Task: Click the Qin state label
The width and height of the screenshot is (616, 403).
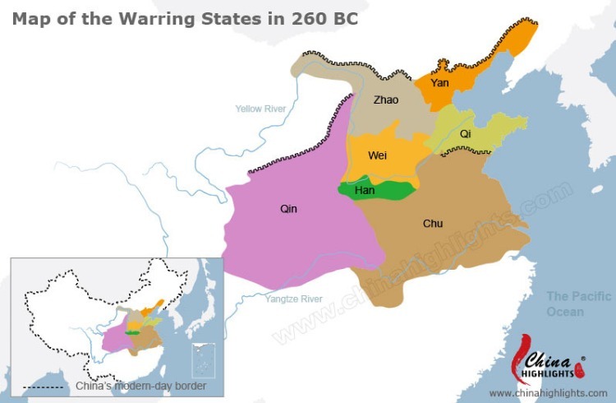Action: (x=288, y=209)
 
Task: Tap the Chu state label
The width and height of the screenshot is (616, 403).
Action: (x=433, y=223)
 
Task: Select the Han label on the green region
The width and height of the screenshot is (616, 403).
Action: (x=365, y=191)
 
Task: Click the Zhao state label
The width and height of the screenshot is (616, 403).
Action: (x=385, y=100)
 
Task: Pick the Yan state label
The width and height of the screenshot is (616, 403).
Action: (x=439, y=83)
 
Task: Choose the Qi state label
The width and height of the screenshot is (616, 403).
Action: (x=466, y=133)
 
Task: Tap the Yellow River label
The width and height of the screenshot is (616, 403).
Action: (x=260, y=109)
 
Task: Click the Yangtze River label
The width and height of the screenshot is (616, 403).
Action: (x=294, y=299)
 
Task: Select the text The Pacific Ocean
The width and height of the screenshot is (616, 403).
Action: (x=579, y=303)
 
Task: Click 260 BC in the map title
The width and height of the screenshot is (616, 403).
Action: (x=324, y=18)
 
